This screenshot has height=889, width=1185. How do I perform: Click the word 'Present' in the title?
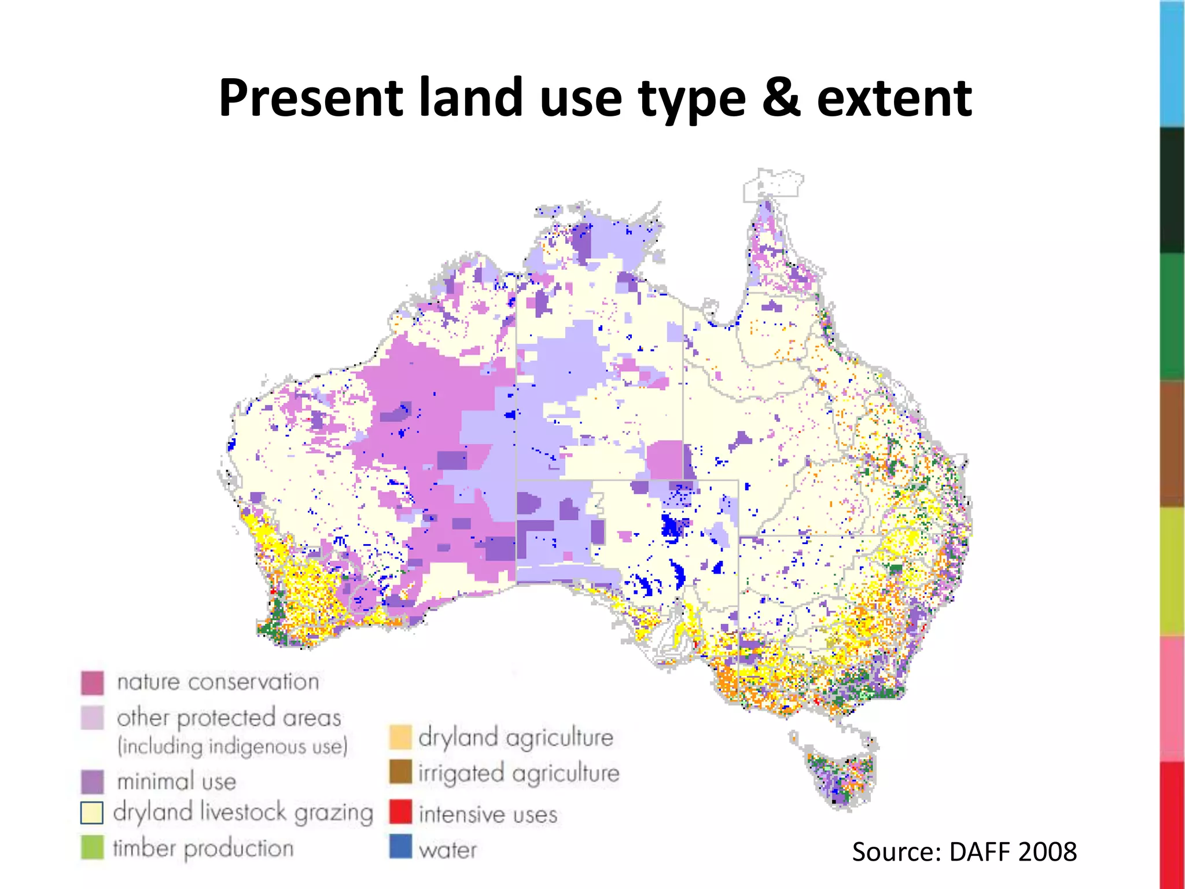311,98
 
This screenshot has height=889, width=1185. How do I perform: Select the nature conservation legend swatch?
93,683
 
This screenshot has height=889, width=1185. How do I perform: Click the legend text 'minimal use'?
176,782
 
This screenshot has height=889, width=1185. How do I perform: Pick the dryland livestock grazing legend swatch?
92,813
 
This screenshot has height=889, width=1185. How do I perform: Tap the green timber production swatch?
93,847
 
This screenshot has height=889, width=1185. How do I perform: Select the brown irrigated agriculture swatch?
400,772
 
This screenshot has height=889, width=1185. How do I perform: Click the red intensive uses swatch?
400,812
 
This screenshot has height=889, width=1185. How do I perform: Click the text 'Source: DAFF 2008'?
964,852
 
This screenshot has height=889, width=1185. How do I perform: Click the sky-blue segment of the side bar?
1172,64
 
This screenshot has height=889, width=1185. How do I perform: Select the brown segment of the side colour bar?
1172,444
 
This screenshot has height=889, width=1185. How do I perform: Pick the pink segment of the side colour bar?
1172,699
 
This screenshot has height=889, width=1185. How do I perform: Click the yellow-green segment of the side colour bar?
1172,571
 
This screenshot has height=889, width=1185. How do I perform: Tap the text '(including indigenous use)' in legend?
233,747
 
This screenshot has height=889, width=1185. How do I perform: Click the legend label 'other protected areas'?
229,718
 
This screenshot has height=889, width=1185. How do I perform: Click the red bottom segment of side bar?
1172,825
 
